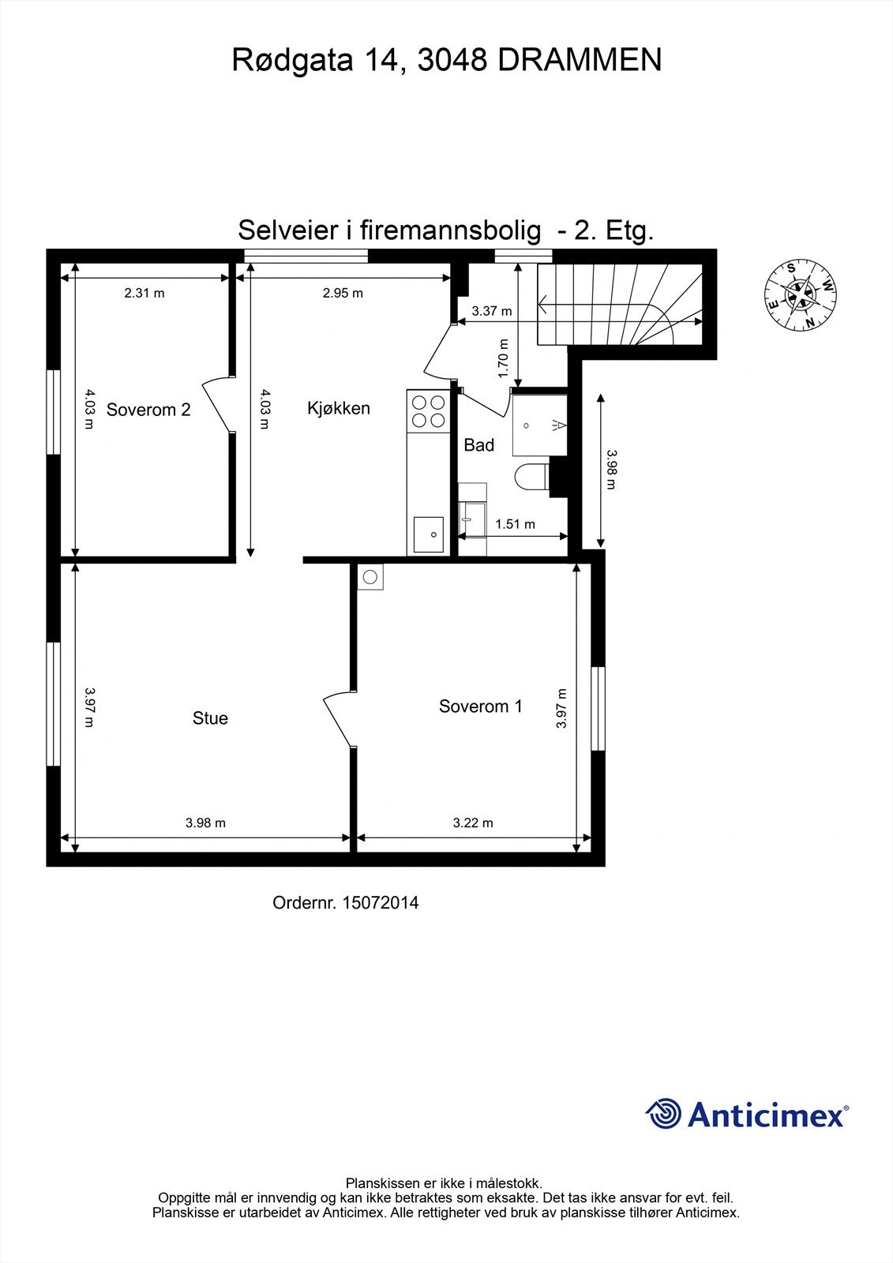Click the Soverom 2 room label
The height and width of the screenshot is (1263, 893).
click(x=148, y=410)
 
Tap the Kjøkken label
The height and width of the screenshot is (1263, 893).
click(x=338, y=408)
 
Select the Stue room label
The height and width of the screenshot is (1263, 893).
click(x=210, y=718)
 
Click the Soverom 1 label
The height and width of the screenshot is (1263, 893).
click(x=480, y=706)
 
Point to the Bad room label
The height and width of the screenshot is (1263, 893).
click(x=478, y=445)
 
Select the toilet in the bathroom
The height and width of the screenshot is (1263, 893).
click(x=531, y=478)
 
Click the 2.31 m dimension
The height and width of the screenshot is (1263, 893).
click(x=144, y=293)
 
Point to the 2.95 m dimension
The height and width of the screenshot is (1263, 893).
click(x=343, y=293)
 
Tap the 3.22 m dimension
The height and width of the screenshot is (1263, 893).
click(x=473, y=823)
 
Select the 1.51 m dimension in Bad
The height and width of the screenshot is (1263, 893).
click(x=515, y=524)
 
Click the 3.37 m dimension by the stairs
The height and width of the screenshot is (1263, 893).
click(x=491, y=311)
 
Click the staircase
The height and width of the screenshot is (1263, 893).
click(x=620, y=305)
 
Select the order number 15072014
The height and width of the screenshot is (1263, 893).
click(x=345, y=902)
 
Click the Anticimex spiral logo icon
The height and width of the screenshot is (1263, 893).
click(x=663, y=1114)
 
